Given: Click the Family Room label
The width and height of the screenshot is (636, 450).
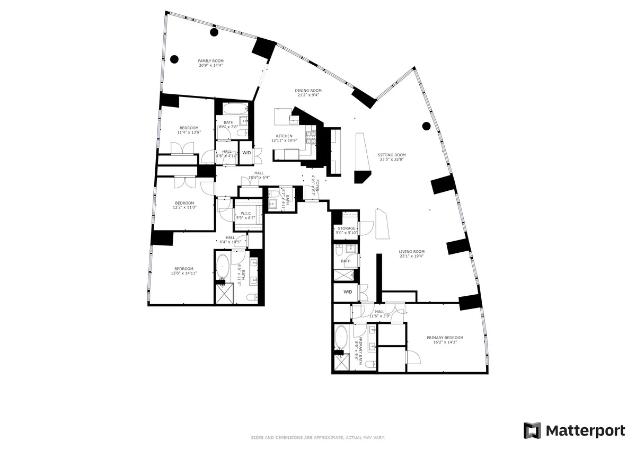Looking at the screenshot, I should tap(210, 61).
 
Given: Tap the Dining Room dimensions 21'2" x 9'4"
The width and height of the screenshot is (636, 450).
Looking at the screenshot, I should tap(308, 96).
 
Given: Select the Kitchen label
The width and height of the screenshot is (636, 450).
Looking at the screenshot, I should tap(284, 136).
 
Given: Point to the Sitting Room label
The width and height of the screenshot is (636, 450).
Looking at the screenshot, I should tap(392, 155).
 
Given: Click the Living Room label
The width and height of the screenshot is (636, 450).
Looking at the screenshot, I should tap(412, 252).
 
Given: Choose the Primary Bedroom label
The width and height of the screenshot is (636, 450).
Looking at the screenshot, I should tap(445, 338).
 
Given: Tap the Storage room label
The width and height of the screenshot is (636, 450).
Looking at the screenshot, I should tap(347, 228).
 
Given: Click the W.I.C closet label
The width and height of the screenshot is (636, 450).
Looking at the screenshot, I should tap(245, 214).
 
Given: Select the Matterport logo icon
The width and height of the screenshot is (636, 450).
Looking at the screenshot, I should tap(532, 430).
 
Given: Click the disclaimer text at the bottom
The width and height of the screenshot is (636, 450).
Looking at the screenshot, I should tap(317, 437).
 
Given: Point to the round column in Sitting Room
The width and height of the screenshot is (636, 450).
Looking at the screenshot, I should tap(426, 126).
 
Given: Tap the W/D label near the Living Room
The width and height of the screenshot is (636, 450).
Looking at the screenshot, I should tap(348, 292).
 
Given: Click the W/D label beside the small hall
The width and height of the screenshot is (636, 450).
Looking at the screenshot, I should tap(246, 153).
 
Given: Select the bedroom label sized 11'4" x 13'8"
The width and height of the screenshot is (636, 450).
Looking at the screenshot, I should tap(189, 128).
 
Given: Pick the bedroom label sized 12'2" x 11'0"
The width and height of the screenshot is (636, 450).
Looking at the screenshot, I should tap(184, 202).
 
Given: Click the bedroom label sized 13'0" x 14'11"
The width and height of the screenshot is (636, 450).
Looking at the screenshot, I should tap(182, 268).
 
